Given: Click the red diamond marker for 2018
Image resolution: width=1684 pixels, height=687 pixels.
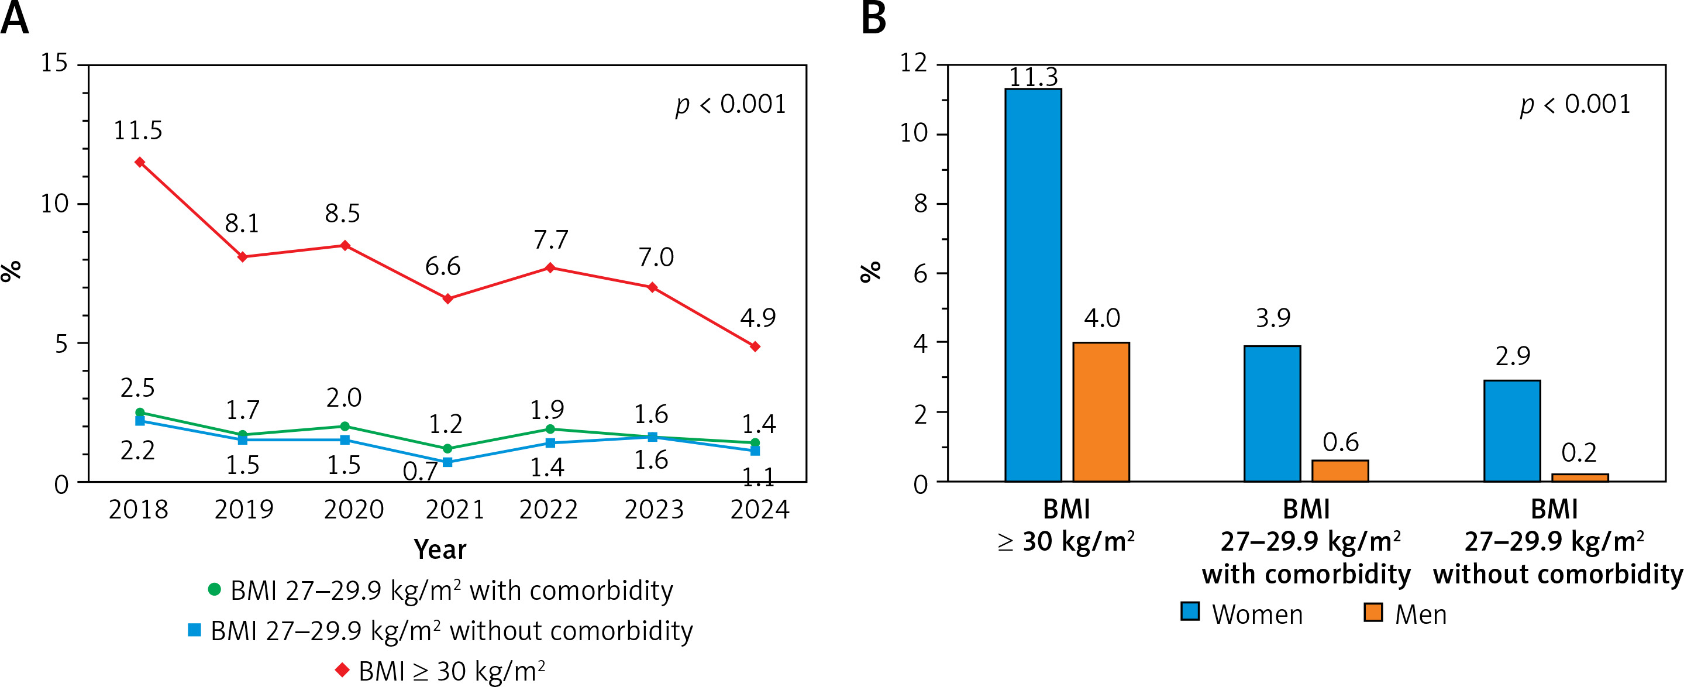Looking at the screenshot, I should coord(140,162).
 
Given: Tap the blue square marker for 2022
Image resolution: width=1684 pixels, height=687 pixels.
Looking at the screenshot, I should coord(550,443).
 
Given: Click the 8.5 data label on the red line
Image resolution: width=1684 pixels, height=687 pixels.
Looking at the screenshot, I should coord(343,213).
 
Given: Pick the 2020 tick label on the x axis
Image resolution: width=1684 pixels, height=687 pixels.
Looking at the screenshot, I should coord(354,510).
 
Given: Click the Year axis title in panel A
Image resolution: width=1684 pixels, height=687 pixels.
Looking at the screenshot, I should coord(440,549).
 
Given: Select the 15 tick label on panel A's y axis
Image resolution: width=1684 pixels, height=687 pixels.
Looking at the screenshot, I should coord(54,63).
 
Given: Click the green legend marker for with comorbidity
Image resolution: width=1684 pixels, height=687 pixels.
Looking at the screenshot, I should coord(213,589).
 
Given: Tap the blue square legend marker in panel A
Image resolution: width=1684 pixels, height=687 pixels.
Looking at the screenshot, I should coord(194,630).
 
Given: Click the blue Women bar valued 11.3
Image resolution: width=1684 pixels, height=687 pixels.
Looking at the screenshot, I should coord(1033,284).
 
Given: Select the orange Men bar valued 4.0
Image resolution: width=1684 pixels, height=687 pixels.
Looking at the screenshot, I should coord(1101,411).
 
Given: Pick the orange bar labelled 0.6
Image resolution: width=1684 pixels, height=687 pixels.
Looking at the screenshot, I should coord(1340,470).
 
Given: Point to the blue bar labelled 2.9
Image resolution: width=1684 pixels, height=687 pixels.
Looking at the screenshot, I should coord(1512,431).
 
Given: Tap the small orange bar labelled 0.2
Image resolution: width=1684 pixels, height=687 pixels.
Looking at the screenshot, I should coord(1580,477).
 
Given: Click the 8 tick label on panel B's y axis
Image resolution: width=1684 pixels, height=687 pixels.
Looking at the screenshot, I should coord(921,204).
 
